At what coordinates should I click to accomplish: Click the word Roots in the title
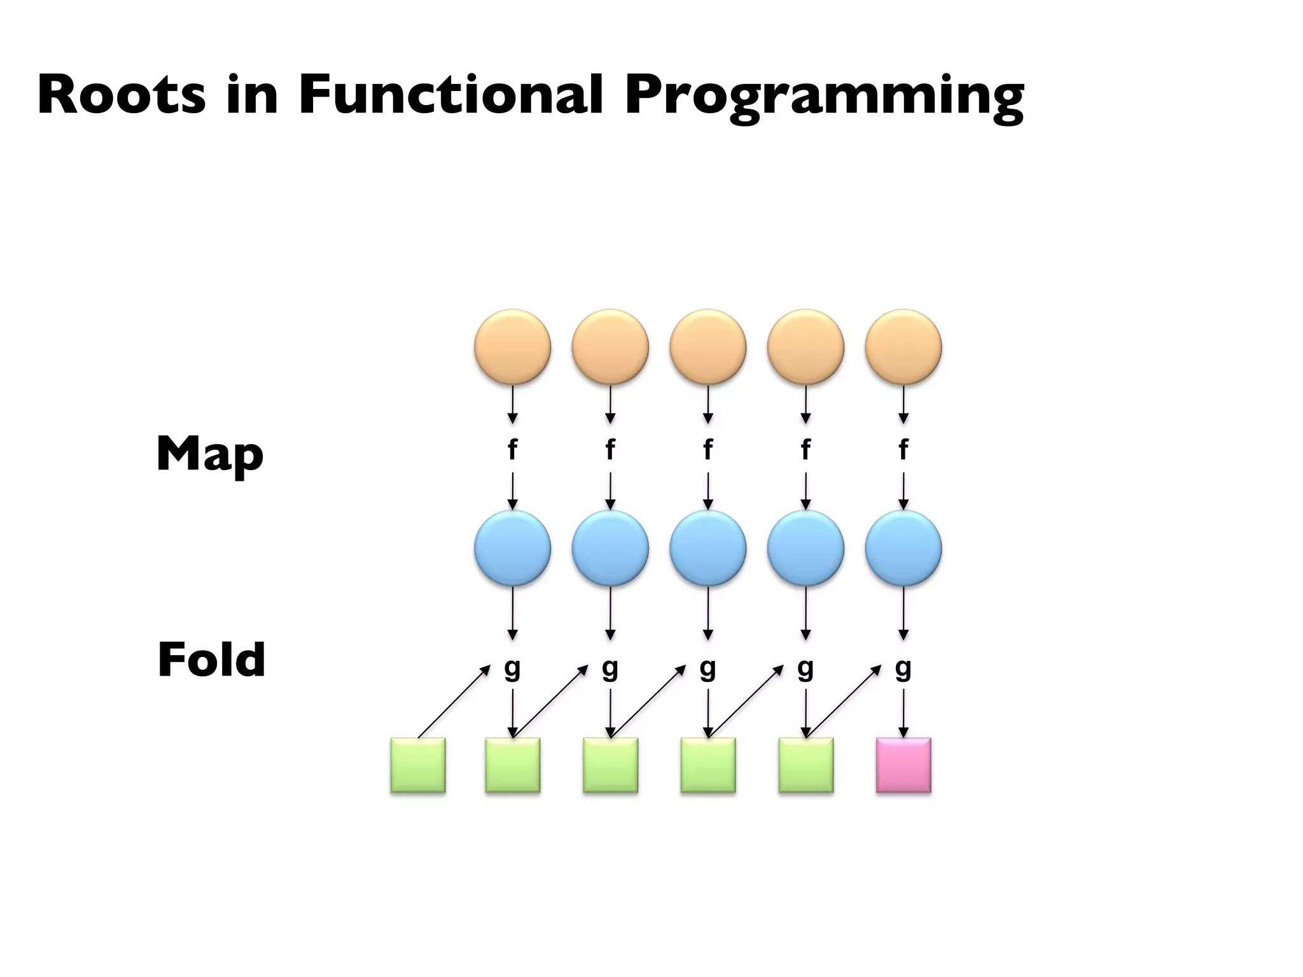(x=122, y=95)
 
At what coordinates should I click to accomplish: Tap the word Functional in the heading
(x=450, y=95)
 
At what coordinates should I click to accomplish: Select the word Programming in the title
(x=824, y=97)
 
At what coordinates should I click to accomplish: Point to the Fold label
(x=211, y=660)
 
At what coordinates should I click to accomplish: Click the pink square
(x=903, y=765)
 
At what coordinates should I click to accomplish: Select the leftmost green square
(x=418, y=765)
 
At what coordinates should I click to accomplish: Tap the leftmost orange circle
(x=512, y=347)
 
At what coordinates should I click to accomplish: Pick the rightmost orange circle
(x=903, y=347)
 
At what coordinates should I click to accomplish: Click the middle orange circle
(x=707, y=347)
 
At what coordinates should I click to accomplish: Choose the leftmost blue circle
(x=512, y=548)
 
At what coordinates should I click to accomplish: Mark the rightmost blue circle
(x=903, y=548)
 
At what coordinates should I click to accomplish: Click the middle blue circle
(x=707, y=548)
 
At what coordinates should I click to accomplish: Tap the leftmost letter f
(x=512, y=450)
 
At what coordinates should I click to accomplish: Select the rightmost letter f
(x=903, y=450)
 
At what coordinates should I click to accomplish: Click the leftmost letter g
(x=512, y=669)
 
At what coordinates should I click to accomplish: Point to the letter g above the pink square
(x=903, y=669)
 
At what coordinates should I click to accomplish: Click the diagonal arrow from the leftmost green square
(x=454, y=702)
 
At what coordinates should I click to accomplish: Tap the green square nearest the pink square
(x=805, y=765)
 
